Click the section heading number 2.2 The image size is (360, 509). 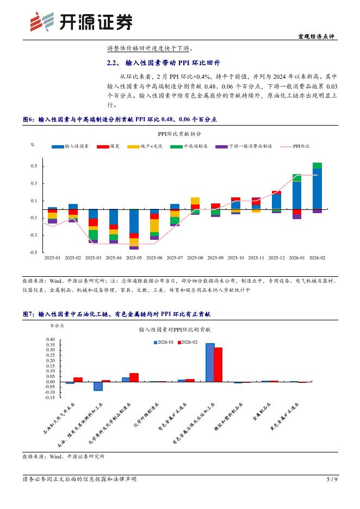(x=113, y=63)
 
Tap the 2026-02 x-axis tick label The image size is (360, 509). (x=317, y=258)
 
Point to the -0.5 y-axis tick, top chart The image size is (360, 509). (x=34, y=252)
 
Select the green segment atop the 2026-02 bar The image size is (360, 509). (x=317, y=165)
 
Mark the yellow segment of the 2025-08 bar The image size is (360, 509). (x=195, y=201)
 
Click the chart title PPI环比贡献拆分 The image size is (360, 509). (x=179, y=133)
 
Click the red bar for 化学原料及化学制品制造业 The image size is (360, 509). (x=134, y=377)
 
